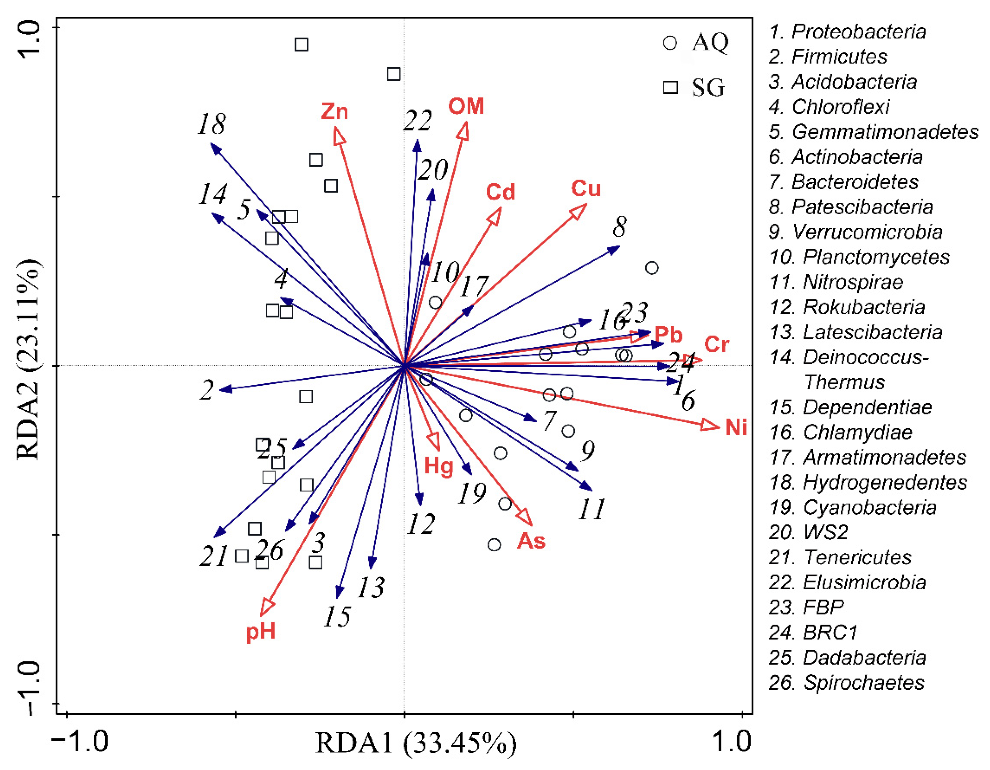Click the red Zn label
pyautogui.click(x=335, y=111)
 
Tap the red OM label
pyautogui.click(x=466, y=106)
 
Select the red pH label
pyautogui.click(x=261, y=631)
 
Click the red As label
pyautogui.click(x=531, y=541)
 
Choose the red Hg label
pyautogui.click(x=438, y=466)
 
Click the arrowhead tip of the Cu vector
pyautogui.click(x=586, y=205)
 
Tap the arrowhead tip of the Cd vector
pyautogui.click(x=501, y=208)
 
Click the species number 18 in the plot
pyautogui.click(x=212, y=124)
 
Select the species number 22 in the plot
pyautogui.click(x=418, y=121)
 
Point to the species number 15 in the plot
pyautogui.click(x=337, y=616)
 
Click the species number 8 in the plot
pyautogui.click(x=620, y=227)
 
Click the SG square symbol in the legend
pyautogui.click(x=671, y=87)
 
